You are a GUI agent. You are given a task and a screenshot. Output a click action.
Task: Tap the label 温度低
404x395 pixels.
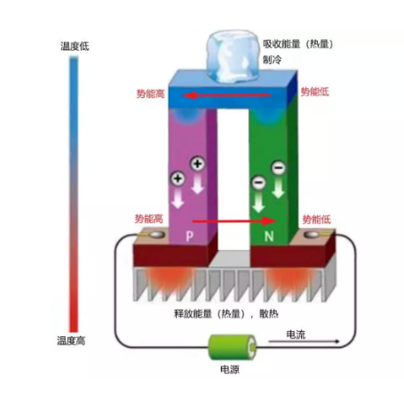coord(75,46)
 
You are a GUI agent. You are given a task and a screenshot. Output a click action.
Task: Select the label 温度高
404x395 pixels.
coord(71,341)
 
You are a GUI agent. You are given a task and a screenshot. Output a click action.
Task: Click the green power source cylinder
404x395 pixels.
coord(233,347)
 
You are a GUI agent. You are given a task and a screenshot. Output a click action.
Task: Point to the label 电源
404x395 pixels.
coord(230,369)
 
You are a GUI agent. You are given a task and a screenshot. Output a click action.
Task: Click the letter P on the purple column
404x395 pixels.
coord(189,236)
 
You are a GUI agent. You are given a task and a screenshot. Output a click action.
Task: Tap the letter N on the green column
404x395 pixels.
coord(269,237)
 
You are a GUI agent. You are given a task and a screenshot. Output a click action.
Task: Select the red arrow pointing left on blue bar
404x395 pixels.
coord(226,95)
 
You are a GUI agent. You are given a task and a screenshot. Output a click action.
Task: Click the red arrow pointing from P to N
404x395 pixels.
coord(234,221)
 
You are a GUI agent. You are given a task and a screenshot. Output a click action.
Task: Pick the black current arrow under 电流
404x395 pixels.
coord(304,342)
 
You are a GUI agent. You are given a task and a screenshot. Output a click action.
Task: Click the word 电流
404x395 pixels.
coord(296,335)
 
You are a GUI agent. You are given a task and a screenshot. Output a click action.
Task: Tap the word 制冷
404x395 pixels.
coord(273,60)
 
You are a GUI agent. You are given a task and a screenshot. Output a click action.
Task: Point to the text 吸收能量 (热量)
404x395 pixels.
coord(298,44)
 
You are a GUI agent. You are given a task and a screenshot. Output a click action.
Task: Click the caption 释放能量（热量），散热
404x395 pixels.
coord(226,313)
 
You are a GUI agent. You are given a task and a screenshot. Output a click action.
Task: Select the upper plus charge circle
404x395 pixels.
coord(197,164)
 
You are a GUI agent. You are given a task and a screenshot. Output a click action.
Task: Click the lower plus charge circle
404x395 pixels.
coord(178,179)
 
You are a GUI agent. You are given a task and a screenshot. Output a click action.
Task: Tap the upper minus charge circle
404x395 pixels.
coord(279,168)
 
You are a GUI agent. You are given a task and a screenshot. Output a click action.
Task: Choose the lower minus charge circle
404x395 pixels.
coord(258,182)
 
